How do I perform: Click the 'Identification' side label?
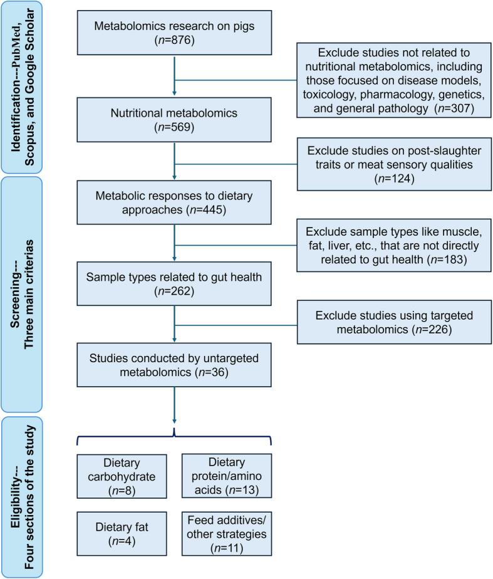click(21, 87)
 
